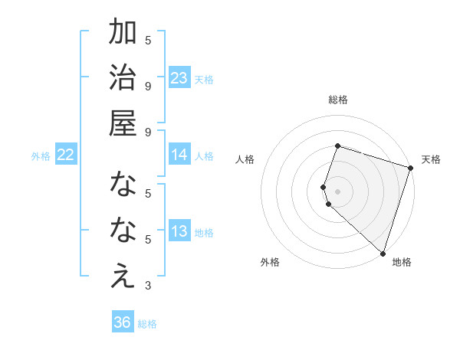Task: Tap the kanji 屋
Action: [123, 123]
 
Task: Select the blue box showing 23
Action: [179, 77]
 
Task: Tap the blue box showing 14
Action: [179, 155]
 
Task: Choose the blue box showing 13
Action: [179, 231]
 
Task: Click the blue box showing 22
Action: [65, 155]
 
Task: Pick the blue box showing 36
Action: [123, 322]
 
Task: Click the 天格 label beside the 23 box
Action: [204, 80]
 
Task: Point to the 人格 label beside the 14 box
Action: [204, 156]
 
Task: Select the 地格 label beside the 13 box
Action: [204, 233]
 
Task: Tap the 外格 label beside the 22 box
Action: [41, 156]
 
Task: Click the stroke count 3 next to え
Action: [148, 286]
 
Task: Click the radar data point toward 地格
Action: [383, 254]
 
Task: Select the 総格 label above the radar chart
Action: [338, 100]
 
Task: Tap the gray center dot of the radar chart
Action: [338, 191]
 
